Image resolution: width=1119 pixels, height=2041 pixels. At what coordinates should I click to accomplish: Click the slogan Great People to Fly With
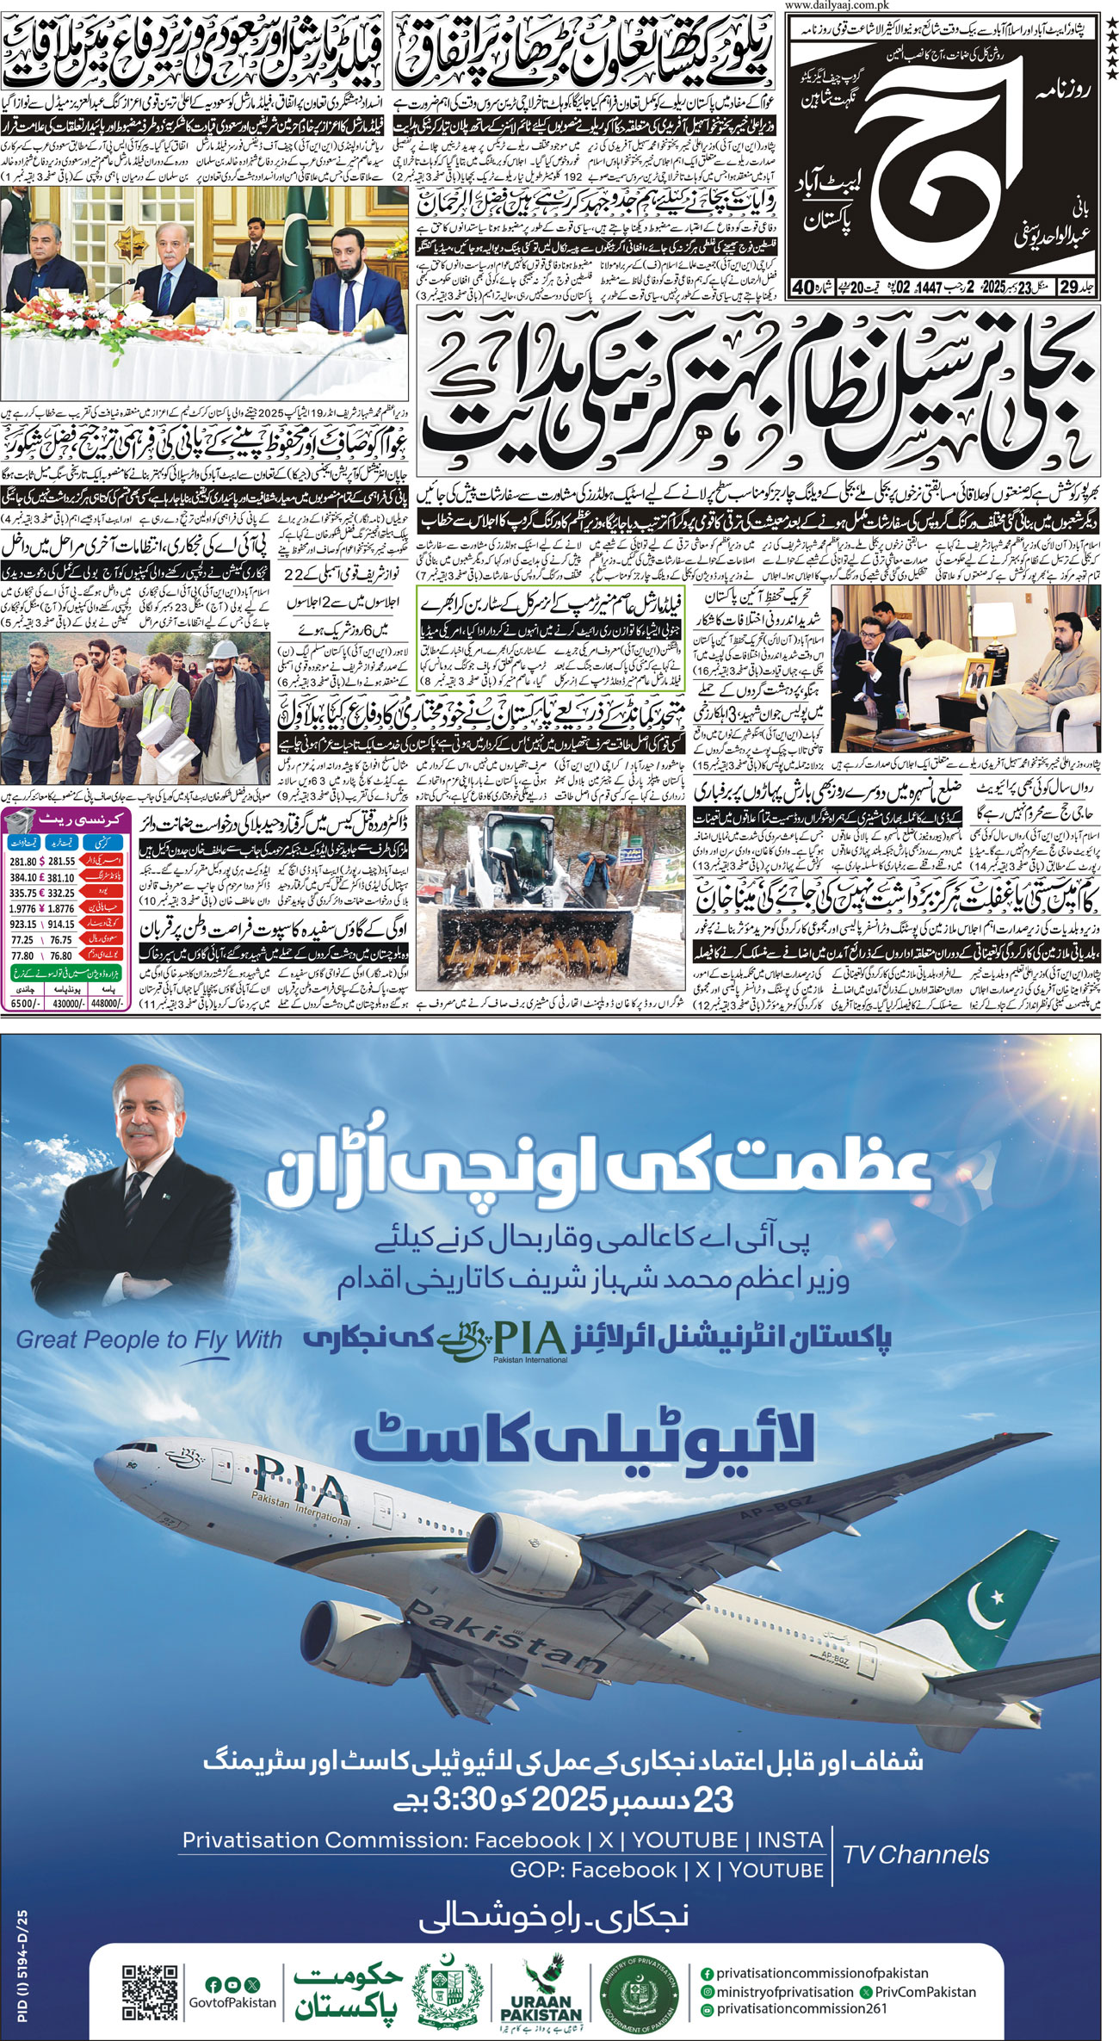149,1339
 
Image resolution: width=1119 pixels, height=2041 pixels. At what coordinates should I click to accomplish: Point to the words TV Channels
916,1854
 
